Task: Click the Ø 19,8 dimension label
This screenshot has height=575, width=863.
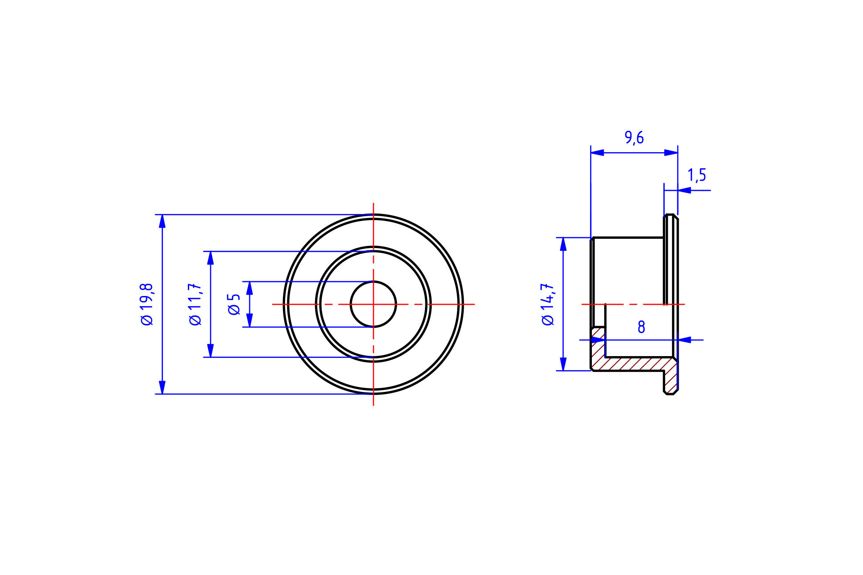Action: (x=146, y=304)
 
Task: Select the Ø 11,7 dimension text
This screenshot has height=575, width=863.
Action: (x=195, y=304)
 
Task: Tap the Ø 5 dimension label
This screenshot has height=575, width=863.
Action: (x=234, y=304)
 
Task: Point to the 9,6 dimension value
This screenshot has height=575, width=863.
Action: (x=634, y=138)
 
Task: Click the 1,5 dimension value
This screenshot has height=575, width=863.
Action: (x=697, y=175)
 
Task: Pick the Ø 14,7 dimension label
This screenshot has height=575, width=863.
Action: (x=547, y=304)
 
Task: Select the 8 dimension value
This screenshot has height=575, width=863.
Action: (x=641, y=327)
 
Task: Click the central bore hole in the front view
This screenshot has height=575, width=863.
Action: (x=373, y=304)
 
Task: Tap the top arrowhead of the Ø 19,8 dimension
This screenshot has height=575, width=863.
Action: (x=162, y=221)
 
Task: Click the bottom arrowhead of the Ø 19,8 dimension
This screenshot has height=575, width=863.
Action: (x=162, y=387)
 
